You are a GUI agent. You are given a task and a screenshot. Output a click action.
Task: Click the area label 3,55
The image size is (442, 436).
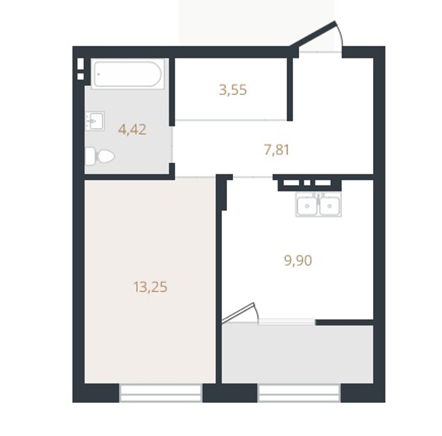tap(233, 90)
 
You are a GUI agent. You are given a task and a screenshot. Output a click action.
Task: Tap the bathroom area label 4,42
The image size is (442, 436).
tap(132, 130)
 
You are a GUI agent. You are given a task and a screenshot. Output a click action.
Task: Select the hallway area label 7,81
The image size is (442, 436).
tap(277, 150)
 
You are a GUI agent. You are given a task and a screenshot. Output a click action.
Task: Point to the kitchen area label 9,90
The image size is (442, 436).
tap(298, 261)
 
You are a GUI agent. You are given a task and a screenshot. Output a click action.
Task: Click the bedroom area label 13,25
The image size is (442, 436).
tap(150, 287)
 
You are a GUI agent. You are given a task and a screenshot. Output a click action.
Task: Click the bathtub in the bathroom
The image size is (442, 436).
tap(128, 74)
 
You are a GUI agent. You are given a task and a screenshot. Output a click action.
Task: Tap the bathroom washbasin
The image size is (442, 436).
tap(95, 121)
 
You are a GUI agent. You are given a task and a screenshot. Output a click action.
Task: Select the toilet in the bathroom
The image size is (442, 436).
tap(100, 156)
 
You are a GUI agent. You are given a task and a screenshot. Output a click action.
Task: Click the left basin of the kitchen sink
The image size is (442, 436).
tap(307, 206)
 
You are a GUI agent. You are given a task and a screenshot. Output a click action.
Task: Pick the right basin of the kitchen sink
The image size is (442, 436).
tap(329, 206)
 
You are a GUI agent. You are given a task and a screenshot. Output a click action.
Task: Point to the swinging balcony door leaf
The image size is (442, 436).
tap(239, 312)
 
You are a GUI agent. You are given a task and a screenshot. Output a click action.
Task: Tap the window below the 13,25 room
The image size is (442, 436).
tap(160, 393)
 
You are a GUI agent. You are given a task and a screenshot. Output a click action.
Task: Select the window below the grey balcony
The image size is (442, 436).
tap(299, 393)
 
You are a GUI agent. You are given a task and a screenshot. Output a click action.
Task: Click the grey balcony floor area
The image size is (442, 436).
tap(298, 354)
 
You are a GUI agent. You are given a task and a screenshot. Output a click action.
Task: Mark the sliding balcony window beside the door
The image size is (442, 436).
tap(287, 322)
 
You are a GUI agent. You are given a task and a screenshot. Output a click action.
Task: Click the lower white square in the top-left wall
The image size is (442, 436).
tap(80, 76)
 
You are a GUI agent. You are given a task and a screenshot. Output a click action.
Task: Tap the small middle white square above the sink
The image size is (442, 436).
tap(307, 183)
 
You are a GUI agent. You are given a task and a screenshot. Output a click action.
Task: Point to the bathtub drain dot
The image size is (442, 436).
tap(99, 74)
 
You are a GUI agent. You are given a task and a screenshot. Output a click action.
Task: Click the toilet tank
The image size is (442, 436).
tap(90, 156)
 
